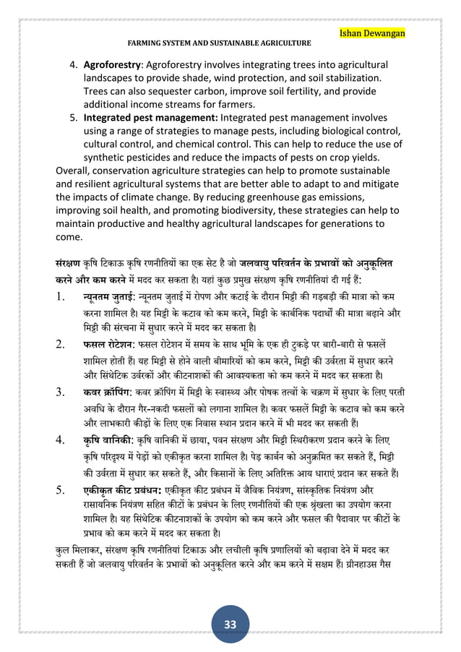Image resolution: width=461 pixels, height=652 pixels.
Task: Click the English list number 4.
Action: point(74,64)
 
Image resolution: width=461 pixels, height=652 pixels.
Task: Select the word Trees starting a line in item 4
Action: point(99,90)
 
